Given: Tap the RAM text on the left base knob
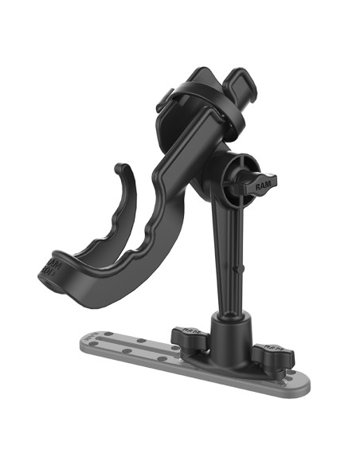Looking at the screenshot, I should (186, 328).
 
